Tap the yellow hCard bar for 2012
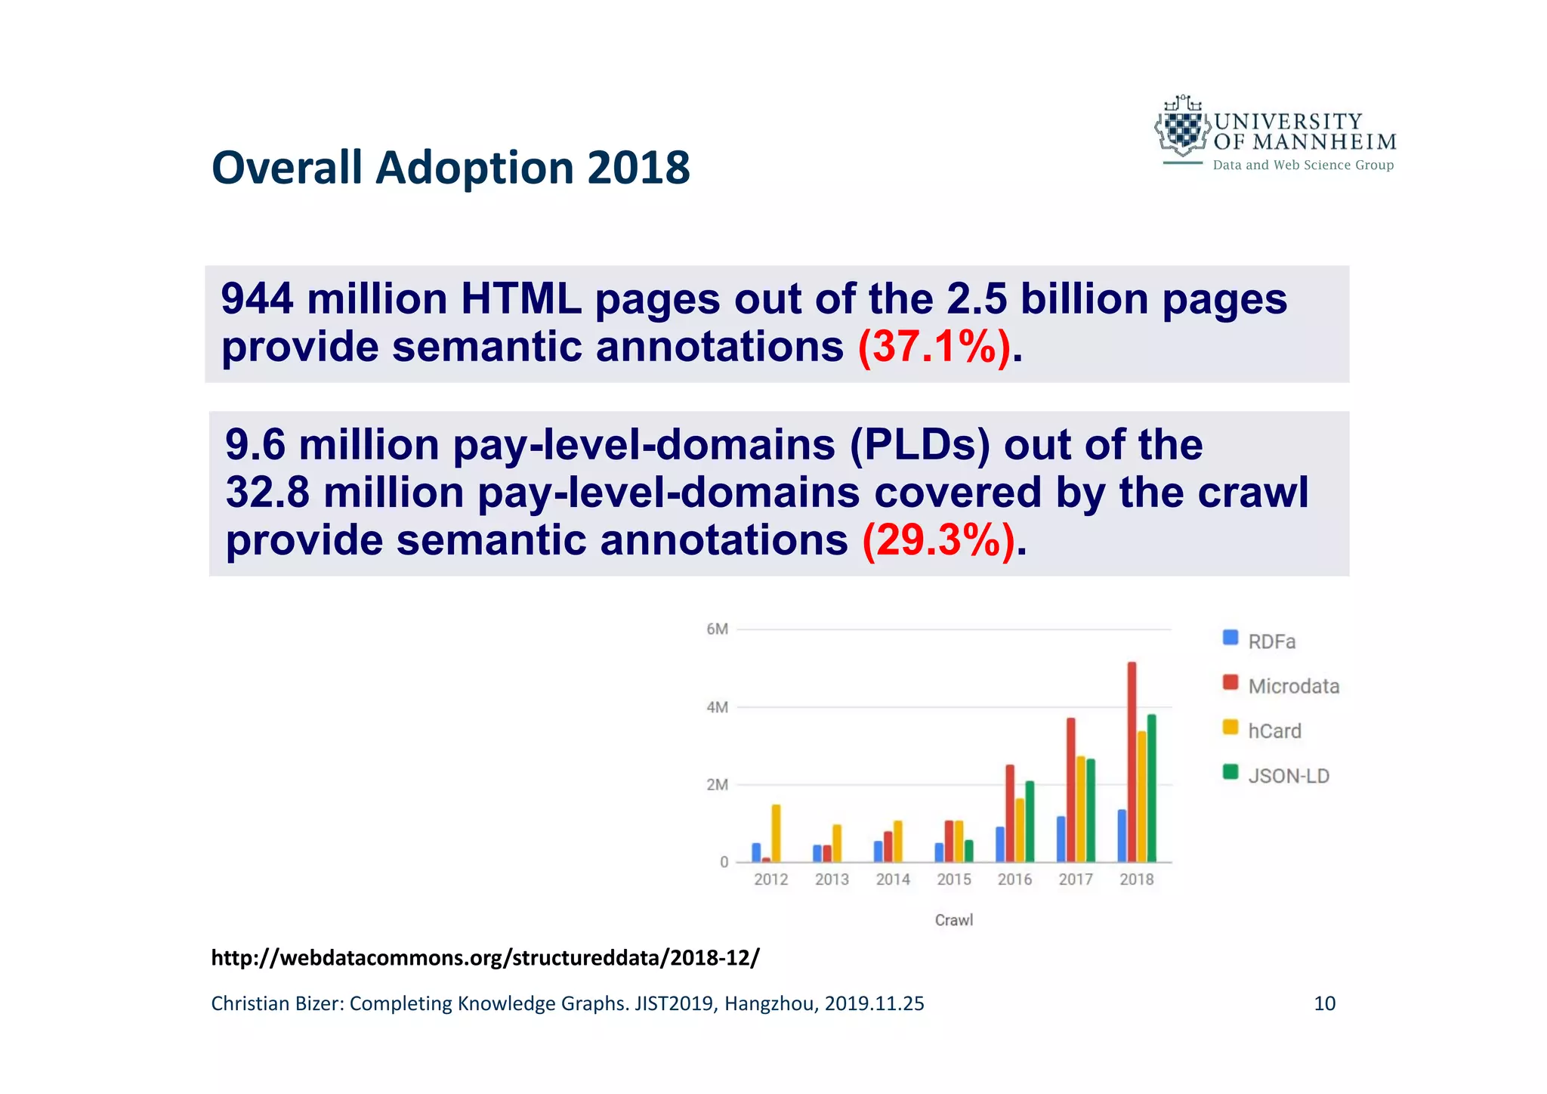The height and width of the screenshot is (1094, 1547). click(776, 833)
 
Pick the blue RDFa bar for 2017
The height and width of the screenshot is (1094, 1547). click(1061, 839)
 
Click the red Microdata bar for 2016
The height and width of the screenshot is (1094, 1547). click(1010, 813)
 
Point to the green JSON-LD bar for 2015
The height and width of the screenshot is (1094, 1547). click(969, 851)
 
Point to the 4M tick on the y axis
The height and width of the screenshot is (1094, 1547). click(717, 707)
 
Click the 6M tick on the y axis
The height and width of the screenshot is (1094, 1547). click(717, 629)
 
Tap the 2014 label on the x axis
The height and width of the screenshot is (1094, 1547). click(893, 879)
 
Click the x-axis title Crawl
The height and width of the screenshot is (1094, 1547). click(953, 920)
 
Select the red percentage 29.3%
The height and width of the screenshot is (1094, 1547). click(938, 541)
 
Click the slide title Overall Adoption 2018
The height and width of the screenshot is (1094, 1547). click(450, 167)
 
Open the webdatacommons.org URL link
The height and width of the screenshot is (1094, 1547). click(485, 958)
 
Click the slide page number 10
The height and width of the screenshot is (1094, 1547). click(1324, 1003)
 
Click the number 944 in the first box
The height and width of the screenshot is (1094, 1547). click(257, 299)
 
